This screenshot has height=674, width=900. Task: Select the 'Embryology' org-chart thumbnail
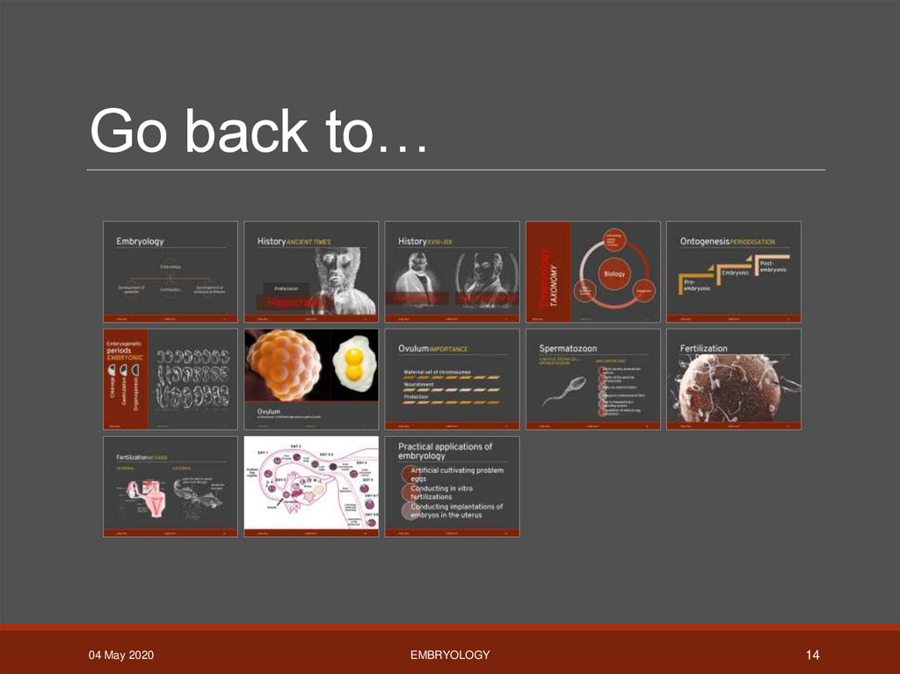point(171,271)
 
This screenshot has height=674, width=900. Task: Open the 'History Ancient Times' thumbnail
point(311,271)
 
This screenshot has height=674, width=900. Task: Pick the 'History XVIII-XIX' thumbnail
point(452,271)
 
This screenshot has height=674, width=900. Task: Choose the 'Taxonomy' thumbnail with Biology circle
point(592,271)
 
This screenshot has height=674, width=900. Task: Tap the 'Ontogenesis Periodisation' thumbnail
point(734,271)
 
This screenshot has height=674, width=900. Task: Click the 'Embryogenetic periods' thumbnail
point(171,379)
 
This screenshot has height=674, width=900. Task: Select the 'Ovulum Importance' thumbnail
point(452,379)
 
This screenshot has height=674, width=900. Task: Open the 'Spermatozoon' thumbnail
point(592,379)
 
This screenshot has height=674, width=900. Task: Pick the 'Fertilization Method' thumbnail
point(171,486)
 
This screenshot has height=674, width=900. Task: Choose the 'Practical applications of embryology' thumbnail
point(452,486)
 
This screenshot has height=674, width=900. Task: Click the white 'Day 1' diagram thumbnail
point(311,486)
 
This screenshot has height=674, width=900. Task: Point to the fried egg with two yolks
point(354,363)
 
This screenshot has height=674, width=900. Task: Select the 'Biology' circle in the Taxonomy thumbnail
point(613,273)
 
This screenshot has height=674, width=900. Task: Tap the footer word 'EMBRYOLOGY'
point(450,655)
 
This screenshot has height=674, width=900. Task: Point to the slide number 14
point(812,655)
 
